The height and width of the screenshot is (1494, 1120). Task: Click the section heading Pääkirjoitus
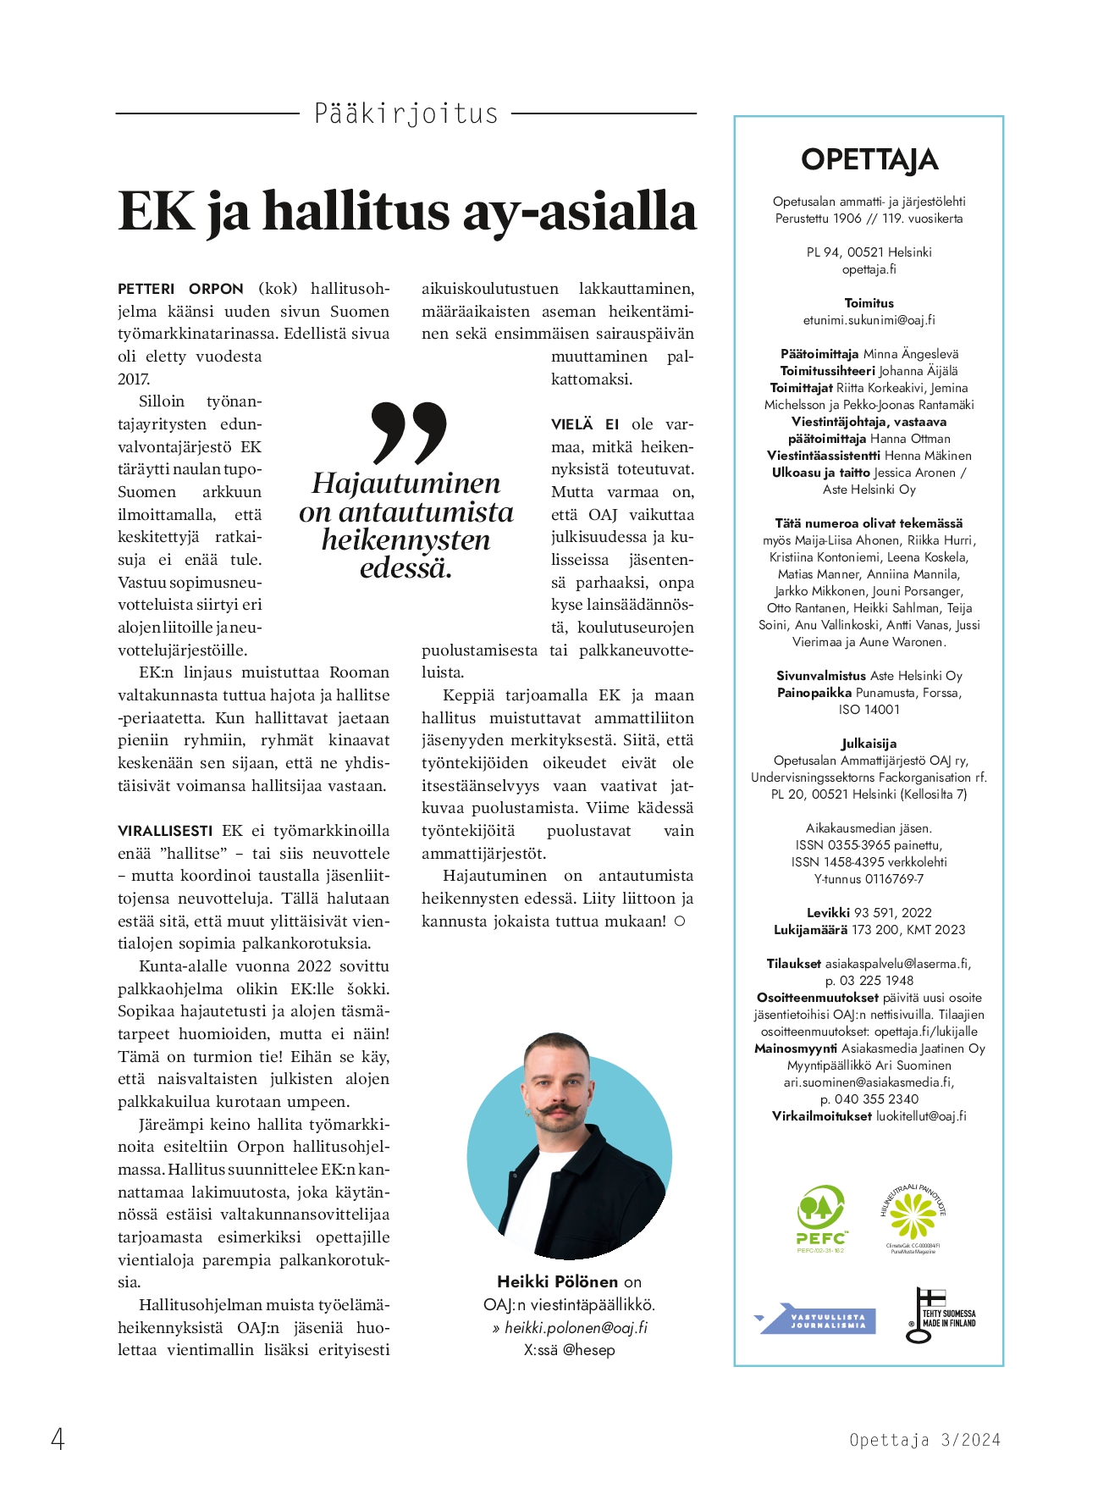[x=406, y=113]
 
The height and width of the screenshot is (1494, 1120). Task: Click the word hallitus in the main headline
[x=356, y=211]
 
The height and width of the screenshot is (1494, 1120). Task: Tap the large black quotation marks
[x=409, y=432]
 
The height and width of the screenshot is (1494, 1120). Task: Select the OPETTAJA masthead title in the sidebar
[x=869, y=160]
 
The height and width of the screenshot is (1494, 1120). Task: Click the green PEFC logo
[x=821, y=1218]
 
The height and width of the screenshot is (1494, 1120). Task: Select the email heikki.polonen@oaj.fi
[x=576, y=1327]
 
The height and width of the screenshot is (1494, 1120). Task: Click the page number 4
[x=58, y=1439]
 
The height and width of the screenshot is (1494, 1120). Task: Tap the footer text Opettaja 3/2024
[x=924, y=1440]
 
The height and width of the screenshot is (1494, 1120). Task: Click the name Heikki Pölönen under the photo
[x=558, y=1281]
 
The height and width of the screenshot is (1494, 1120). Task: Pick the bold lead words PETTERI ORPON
[x=180, y=289]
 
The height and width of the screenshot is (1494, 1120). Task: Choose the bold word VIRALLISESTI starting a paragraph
[x=165, y=831]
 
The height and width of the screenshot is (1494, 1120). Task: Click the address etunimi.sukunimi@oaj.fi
[x=869, y=320]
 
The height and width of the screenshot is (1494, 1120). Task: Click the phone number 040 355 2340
[x=876, y=1098]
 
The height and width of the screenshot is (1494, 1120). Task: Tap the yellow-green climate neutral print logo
[x=913, y=1217]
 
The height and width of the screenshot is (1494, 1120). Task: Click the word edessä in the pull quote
[x=406, y=568]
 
